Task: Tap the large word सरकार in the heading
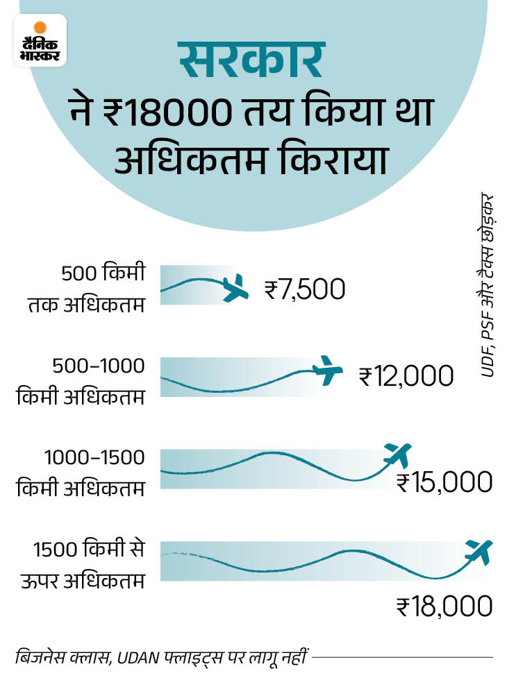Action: [251, 61]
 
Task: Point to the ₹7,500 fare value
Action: [304, 289]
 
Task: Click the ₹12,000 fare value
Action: [406, 376]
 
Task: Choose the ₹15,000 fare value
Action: [444, 482]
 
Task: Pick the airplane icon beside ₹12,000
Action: [327, 371]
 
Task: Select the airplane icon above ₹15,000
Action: [398, 455]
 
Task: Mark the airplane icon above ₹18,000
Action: [479, 552]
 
